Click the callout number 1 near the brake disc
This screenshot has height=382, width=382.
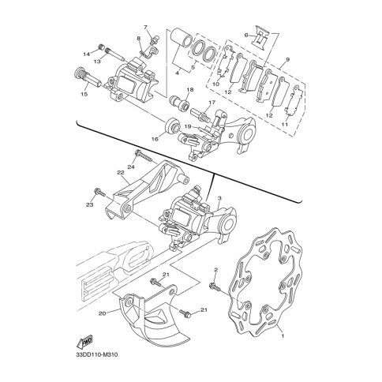click(x=283, y=336)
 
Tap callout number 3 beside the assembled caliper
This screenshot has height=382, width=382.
click(x=220, y=198)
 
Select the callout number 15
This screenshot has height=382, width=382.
click(x=84, y=94)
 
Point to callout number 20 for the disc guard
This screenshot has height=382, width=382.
click(x=103, y=313)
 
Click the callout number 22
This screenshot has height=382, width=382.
click(x=121, y=173)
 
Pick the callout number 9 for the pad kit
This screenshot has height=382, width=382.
click(x=287, y=60)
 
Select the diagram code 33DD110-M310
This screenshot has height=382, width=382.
click(x=97, y=355)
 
